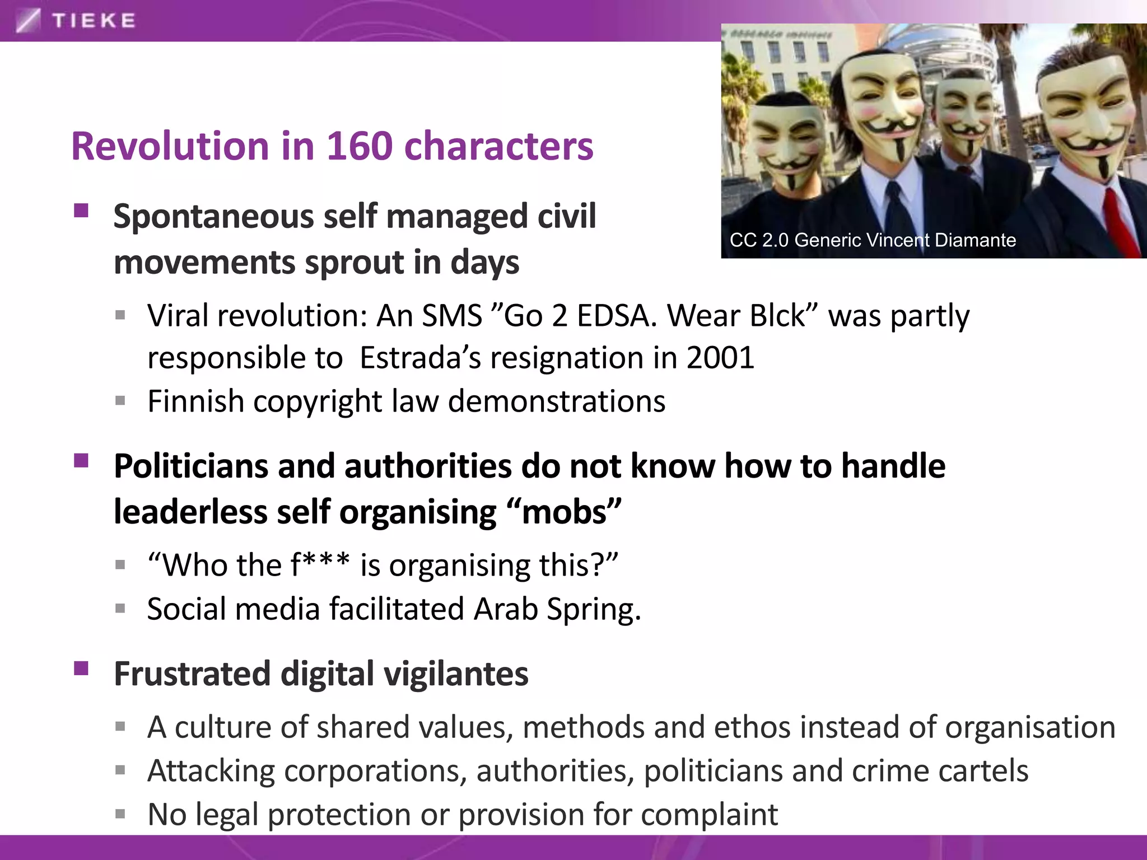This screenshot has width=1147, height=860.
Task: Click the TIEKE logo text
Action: pos(94,21)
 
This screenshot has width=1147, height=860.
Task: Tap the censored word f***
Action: pos(320,565)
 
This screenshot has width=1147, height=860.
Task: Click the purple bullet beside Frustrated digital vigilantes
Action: pos(81,669)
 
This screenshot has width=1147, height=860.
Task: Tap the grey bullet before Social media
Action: pos(120,608)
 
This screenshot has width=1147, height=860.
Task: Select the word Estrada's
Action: pos(420,358)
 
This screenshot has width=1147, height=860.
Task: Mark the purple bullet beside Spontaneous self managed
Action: pos(81,211)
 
